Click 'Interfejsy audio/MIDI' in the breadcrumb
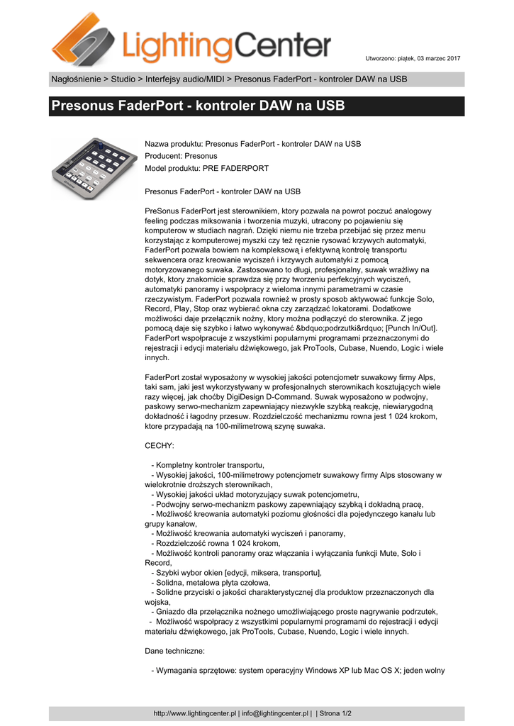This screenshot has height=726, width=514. click(186, 79)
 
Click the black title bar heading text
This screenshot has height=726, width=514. click(198, 107)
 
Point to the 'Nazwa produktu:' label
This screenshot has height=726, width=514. click(173, 144)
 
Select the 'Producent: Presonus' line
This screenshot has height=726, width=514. click(181, 156)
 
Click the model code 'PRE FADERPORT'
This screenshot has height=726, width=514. click(235, 168)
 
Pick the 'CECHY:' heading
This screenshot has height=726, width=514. click(159, 446)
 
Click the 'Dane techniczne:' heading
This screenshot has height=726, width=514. click(175, 650)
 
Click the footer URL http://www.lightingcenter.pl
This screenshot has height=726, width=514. click(195, 713)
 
